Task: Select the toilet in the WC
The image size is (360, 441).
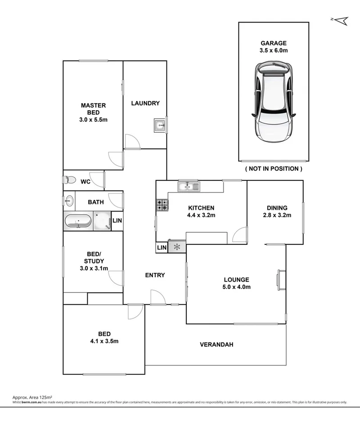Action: click(x=69, y=180)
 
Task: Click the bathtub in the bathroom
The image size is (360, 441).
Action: click(x=78, y=221)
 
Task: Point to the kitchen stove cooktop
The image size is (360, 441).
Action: click(x=162, y=205)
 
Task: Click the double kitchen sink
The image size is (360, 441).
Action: click(x=189, y=185)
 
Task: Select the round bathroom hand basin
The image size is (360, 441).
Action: click(x=69, y=200)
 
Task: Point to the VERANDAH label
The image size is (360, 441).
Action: click(x=216, y=345)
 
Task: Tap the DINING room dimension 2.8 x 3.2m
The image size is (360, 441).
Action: click(x=277, y=215)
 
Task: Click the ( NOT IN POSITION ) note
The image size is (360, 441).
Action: click(x=274, y=169)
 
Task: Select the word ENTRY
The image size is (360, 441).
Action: click(x=155, y=275)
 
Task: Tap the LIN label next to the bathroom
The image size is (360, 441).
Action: click(x=117, y=220)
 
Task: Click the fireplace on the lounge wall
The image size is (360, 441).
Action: click(x=282, y=279)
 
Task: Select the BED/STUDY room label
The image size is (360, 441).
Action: click(x=94, y=261)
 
